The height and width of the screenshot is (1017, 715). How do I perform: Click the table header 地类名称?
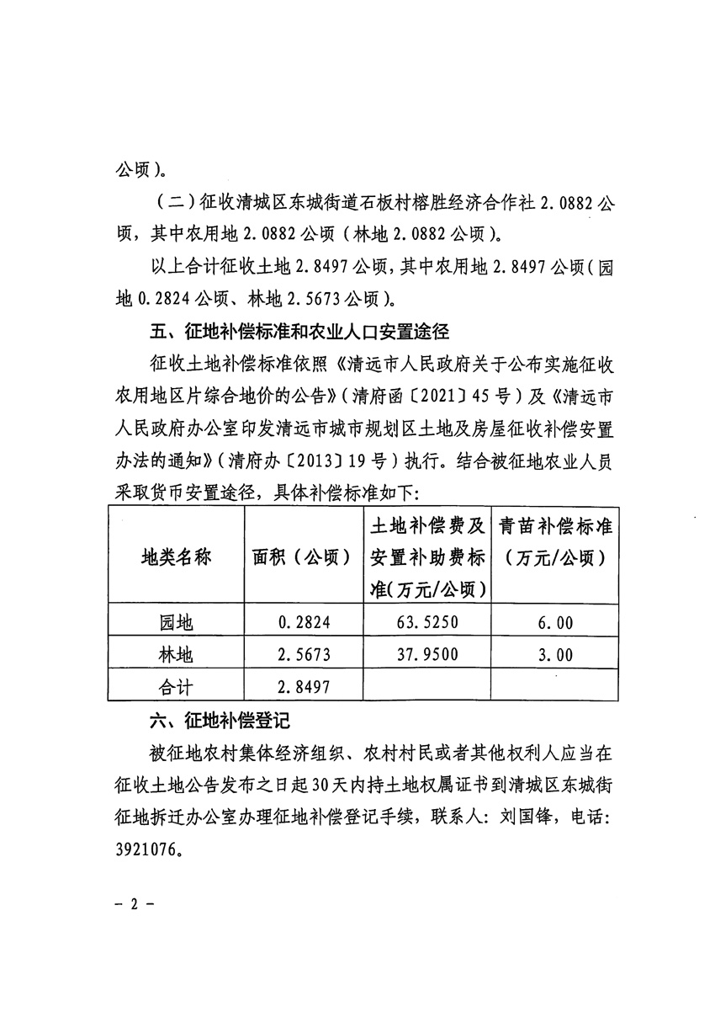(175, 557)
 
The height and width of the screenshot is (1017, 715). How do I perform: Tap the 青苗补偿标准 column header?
(554, 541)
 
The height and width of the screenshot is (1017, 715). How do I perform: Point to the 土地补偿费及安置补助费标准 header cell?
(427, 557)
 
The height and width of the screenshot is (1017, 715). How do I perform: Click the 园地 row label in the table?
(176, 624)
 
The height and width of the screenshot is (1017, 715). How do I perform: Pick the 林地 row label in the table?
(176, 655)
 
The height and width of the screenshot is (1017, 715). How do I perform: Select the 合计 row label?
(176, 686)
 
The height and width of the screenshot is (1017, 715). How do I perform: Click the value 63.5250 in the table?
(427, 624)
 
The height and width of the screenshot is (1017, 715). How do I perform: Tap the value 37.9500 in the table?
(427, 655)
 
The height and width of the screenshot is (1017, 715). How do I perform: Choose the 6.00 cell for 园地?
(554, 624)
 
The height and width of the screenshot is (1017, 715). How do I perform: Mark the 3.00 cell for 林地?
(554, 655)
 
